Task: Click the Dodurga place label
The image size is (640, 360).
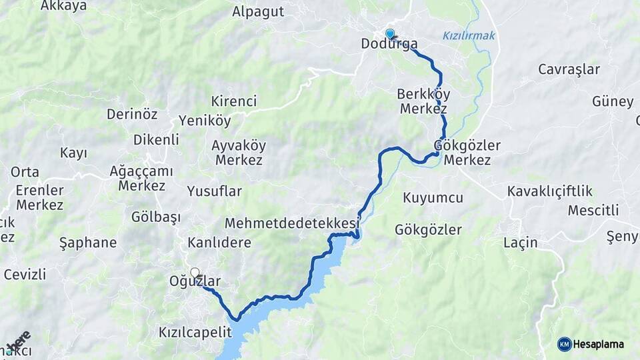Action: [x=389, y=45]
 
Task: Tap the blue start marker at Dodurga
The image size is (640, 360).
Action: [x=390, y=33]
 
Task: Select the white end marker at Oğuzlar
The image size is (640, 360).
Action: [x=195, y=273]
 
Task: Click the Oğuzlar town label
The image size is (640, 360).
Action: [x=195, y=281]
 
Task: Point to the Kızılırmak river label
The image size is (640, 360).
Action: [x=469, y=36]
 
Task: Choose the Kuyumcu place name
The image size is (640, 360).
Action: [x=433, y=198]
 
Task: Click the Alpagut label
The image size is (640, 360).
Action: [x=258, y=11]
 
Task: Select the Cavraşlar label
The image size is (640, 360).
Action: [x=569, y=69]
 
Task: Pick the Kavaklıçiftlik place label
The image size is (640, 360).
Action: [x=550, y=192]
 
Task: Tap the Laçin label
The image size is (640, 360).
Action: [x=521, y=243]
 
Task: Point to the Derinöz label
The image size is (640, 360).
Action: [x=132, y=114]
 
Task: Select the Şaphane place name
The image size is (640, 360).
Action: [x=87, y=243]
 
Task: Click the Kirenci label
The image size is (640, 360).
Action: [x=233, y=102]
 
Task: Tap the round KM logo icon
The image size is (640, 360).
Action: [x=565, y=344]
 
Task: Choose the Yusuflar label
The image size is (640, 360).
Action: [x=214, y=192]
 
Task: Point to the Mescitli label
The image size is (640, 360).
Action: [x=593, y=211]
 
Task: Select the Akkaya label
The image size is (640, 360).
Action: [x=64, y=6]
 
